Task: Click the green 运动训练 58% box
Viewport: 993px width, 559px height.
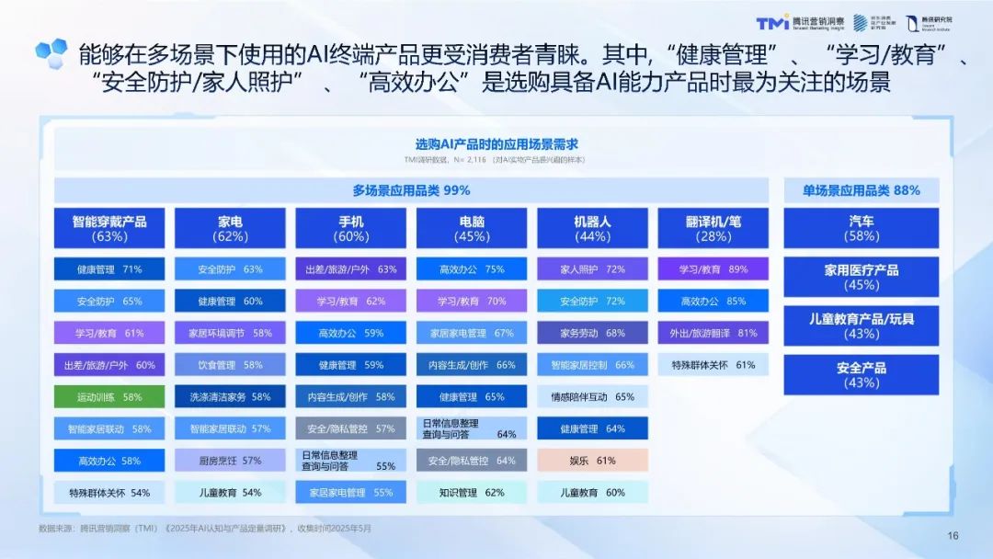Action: click(x=109, y=396)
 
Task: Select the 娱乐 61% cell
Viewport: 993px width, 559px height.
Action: click(x=593, y=460)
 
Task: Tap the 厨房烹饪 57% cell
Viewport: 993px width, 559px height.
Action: click(x=230, y=460)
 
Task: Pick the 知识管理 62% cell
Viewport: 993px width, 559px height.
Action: click(x=472, y=492)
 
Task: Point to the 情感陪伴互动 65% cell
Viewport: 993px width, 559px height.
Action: click(x=593, y=396)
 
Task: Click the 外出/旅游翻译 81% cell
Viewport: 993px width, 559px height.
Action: click(x=713, y=333)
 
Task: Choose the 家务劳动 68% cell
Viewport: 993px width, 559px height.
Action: click(x=593, y=333)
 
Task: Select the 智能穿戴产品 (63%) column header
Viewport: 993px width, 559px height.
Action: click(x=109, y=228)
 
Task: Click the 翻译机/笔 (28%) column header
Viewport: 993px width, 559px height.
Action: click(x=713, y=228)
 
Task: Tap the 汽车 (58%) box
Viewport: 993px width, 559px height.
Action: click(x=862, y=228)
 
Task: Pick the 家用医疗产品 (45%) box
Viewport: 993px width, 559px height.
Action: click(x=862, y=277)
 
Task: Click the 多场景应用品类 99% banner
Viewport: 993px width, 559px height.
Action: click(x=411, y=190)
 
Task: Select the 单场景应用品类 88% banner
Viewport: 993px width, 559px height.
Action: click(x=862, y=190)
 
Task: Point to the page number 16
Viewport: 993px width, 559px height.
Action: click(x=953, y=536)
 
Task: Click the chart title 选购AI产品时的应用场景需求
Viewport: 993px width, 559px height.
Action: click(x=496, y=144)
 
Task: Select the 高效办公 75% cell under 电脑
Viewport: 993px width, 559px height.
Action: click(x=472, y=269)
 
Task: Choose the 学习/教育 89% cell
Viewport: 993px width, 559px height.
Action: click(x=713, y=269)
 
